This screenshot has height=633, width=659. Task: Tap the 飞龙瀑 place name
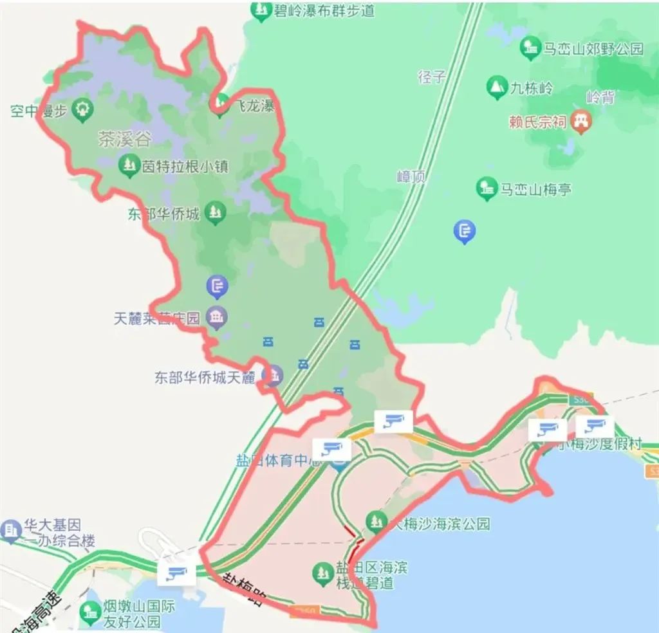(x=254, y=106)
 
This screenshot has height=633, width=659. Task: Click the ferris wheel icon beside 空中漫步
(x=82, y=110)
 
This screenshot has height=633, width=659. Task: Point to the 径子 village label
(x=432, y=77)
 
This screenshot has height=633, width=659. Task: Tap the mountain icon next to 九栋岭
(x=496, y=87)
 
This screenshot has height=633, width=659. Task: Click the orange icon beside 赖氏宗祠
(x=582, y=121)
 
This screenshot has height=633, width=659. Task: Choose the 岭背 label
(x=600, y=98)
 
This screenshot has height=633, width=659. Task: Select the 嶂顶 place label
(x=411, y=176)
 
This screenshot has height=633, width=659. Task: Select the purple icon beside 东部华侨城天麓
(x=274, y=375)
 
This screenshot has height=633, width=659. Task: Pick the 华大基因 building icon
(x=11, y=529)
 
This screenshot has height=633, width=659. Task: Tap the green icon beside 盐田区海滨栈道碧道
(x=321, y=571)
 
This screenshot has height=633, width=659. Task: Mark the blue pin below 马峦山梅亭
(x=465, y=231)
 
